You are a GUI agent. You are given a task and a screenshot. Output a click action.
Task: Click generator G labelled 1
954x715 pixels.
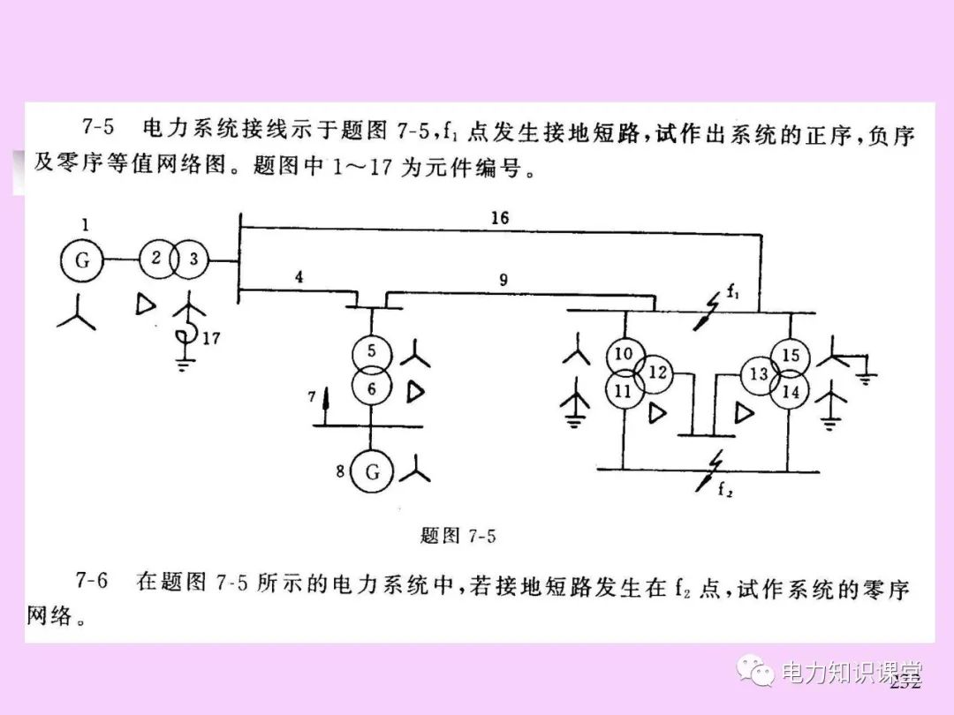pos(81,260)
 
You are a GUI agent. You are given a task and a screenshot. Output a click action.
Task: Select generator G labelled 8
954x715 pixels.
pos(372,471)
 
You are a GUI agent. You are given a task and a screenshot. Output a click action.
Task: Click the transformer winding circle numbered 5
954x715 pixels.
pos(372,352)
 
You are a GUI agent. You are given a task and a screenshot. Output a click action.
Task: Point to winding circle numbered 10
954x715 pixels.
pos(625,355)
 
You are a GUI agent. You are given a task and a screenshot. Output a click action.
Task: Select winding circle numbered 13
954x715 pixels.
pos(758,374)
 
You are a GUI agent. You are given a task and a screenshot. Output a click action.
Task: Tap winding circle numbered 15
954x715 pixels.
pos(789,356)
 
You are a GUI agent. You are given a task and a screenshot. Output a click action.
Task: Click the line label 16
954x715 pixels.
pos(500,217)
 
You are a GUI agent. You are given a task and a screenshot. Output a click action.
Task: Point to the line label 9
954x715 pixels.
pos(503,281)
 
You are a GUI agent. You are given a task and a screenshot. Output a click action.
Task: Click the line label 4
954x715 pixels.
pos(299,276)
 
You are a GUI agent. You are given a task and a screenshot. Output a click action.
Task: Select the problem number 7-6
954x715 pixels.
pos(91,581)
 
